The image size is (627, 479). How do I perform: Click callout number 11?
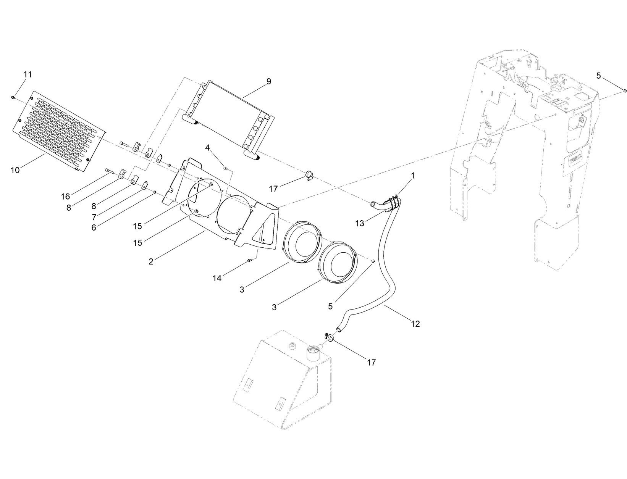pos(27,74)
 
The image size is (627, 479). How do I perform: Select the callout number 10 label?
pos(15,170)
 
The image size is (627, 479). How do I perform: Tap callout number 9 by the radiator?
pos(269,81)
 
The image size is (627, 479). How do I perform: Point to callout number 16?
pos(66,197)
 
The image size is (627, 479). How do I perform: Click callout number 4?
pos(208,148)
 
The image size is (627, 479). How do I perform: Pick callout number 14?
pos(217,279)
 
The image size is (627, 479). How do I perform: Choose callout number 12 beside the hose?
pos(415,324)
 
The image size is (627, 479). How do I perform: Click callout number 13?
pos(360,224)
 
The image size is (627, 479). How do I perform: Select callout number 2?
pos(151,261)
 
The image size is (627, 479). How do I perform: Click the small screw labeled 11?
pos(13,98)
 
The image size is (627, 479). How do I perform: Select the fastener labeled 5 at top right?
pos(625,90)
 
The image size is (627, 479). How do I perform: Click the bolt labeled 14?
pos(249,261)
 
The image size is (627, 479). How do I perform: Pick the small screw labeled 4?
pos(225,167)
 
